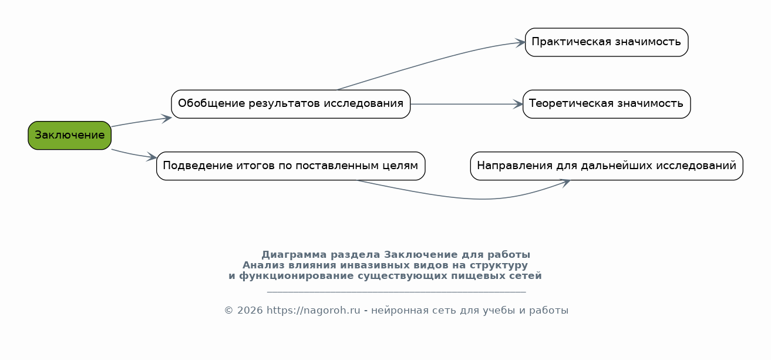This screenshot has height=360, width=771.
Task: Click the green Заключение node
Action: tap(69, 135)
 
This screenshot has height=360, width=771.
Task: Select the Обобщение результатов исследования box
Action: tap(291, 104)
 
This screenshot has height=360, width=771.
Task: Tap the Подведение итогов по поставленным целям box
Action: tap(291, 166)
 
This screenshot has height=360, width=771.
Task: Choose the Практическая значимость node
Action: tap(607, 42)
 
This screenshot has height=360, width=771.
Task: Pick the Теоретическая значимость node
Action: tap(607, 104)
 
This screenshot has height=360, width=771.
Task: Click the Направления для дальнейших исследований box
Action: tap(607, 166)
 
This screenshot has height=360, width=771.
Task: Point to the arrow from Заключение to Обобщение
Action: tap(142, 122)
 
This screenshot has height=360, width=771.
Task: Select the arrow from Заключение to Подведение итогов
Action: tap(134, 154)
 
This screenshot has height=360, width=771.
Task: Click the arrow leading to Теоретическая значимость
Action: tap(467, 104)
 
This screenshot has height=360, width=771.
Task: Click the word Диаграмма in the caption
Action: tap(294, 255)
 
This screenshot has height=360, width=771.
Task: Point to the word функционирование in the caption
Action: tap(296, 276)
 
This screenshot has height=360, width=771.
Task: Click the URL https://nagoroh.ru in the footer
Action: tap(313, 311)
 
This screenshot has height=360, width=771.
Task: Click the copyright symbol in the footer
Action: tap(229, 311)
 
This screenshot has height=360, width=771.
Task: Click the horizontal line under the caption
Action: tap(396, 292)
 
